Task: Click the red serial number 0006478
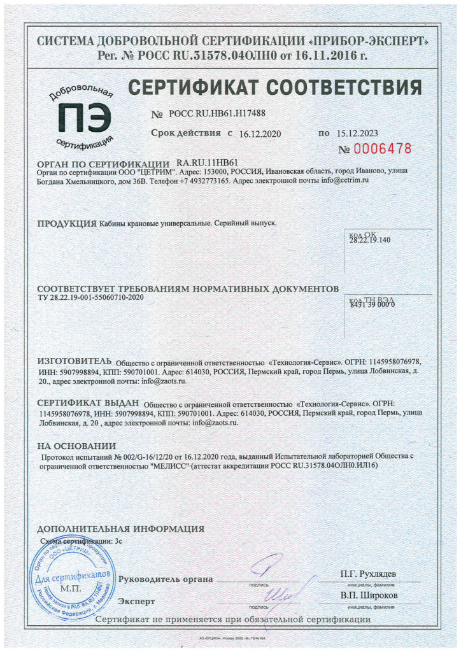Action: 375,149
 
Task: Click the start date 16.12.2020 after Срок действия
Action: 260,134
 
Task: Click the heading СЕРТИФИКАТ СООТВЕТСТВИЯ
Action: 276,87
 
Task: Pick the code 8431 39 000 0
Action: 373,304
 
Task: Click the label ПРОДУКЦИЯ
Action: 66,223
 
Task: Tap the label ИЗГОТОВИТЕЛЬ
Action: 74,360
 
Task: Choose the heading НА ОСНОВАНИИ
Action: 76,446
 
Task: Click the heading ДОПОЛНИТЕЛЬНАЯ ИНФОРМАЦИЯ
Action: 121,529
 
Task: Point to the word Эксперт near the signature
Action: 137,600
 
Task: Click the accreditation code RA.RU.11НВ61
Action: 207,163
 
